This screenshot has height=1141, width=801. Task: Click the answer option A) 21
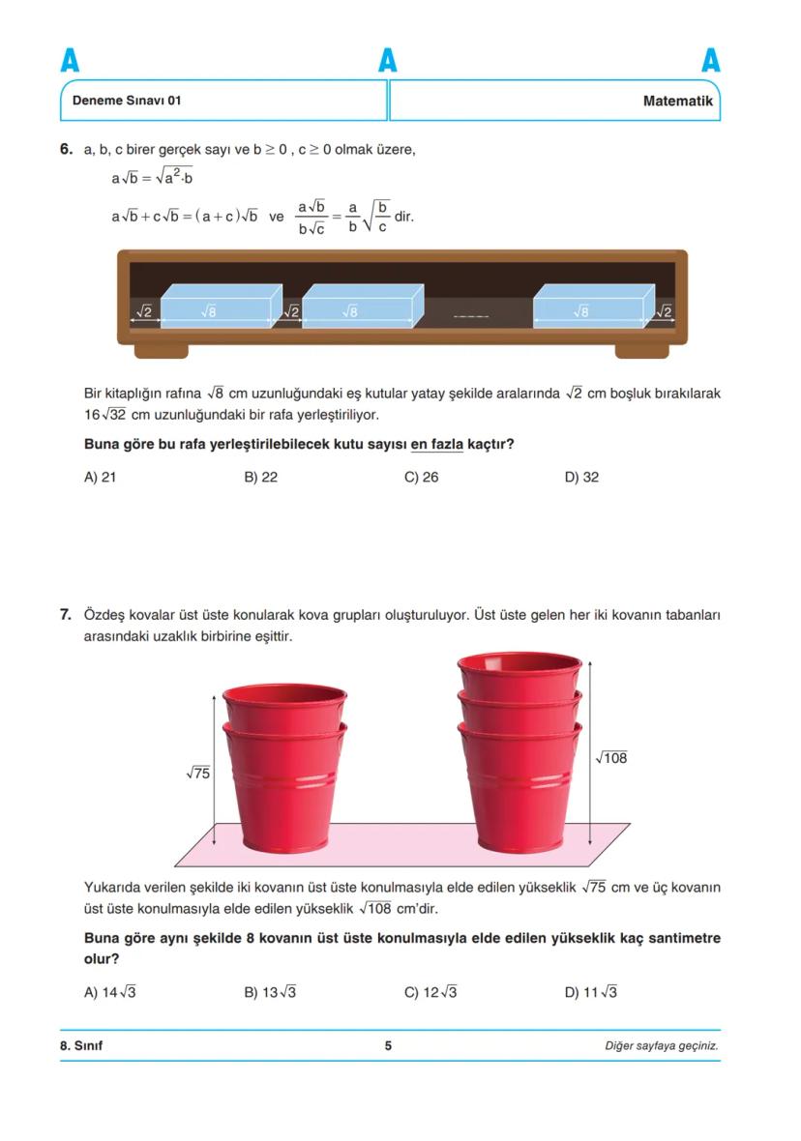(101, 477)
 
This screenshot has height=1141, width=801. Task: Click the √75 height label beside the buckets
(198, 773)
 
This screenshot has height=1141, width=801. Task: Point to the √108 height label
(611, 758)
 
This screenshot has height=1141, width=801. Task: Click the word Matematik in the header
(677, 101)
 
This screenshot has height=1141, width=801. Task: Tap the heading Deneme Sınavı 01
(127, 101)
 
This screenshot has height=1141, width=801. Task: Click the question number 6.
(66, 150)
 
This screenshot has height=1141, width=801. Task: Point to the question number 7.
(66, 615)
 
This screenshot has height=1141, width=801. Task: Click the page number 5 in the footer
(388, 1045)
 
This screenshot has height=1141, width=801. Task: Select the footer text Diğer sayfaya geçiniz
(661, 1045)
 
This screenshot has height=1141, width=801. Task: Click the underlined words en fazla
(436, 445)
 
